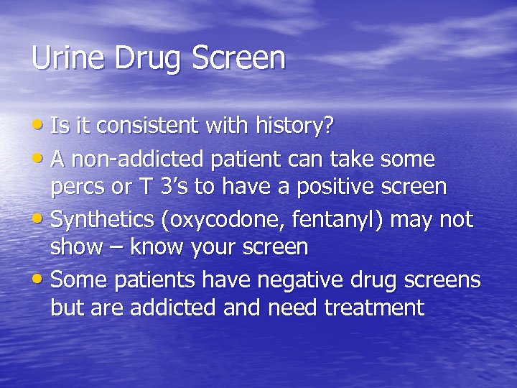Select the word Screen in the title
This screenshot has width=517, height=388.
pos(239,58)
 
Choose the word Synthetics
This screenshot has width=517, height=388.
pos(104,218)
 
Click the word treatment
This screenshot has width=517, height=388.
pos(374,308)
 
